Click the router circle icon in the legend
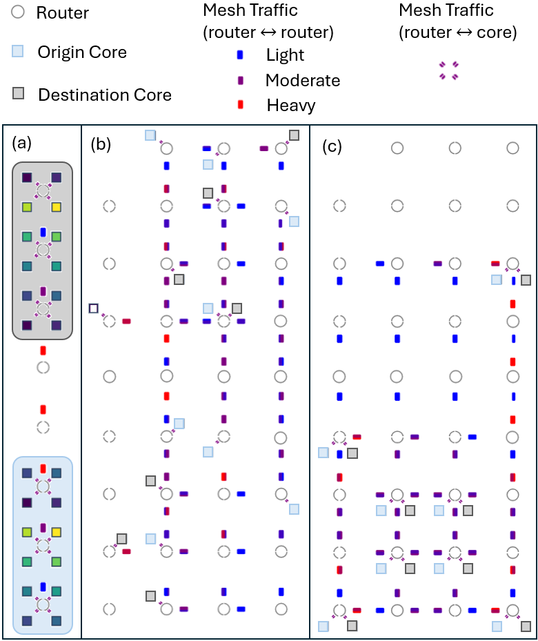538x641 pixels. (x=19, y=12)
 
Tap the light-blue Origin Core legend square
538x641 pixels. (x=19, y=52)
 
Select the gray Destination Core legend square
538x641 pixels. (x=19, y=94)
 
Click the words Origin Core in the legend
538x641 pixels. (x=82, y=52)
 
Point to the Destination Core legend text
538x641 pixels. (x=105, y=95)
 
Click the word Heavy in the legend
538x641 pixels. (x=290, y=106)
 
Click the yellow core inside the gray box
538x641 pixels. (x=57, y=207)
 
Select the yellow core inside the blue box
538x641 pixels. (x=57, y=533)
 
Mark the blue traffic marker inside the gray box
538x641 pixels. (x=43, y=233)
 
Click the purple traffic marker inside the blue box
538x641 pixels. (x=43, y=528)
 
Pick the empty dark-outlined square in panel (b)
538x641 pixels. (x=94, y=308)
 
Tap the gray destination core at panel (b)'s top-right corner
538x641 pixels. (x=294, y=135)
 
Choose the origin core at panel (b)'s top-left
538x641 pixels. (x=150, y=135)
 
